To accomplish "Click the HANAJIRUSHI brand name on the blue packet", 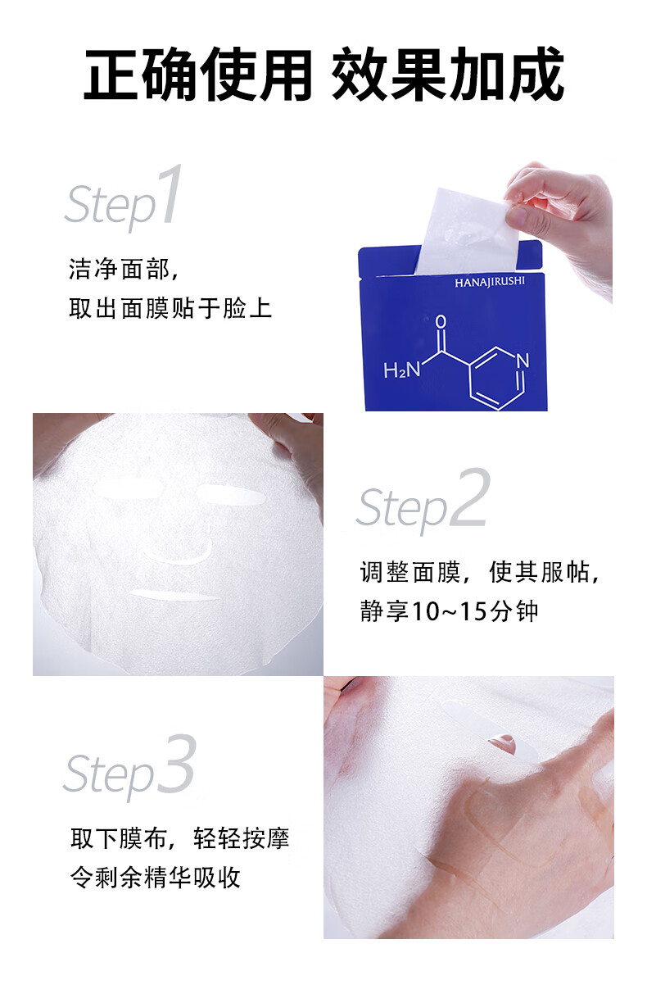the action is [x=489, y=282].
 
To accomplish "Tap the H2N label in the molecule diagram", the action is [x=401, y=370].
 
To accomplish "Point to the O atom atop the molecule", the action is [x=441, y=321].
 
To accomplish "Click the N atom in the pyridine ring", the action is [x=523, y=361].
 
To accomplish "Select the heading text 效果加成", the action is [x=448, y=75].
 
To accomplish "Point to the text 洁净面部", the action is [x=120, y=269].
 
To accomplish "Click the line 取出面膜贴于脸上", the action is [x=170, y=308].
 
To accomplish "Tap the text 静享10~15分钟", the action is [x=450, y=610].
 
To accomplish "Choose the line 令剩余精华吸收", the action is [x=156, y=877].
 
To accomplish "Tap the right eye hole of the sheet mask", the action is [x=231, y=494].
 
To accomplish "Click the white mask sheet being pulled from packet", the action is [x=467, y=231].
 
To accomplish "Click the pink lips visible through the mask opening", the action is [x=502, y=741].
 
